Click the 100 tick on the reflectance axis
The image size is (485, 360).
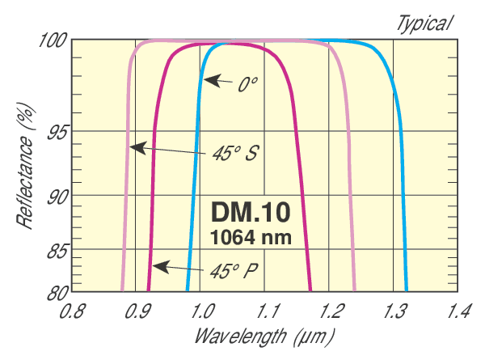point(52,40)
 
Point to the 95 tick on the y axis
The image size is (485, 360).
point(56,133)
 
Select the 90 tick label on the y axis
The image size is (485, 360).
point(56,197)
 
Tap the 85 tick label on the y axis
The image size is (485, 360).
point(56,252)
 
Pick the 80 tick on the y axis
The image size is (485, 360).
point(56,291)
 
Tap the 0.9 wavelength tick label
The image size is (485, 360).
point(137,310)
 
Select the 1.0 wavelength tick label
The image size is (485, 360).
point(202,310)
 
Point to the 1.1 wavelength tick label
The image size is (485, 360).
point(267,310)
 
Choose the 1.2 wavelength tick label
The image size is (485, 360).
point(331,310)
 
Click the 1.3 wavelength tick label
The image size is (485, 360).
point(395,310)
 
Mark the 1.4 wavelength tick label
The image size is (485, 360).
point(459,310)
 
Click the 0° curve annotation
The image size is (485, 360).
point(247,84)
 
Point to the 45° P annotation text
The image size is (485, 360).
point(235,269)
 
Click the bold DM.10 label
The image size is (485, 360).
point(250,212)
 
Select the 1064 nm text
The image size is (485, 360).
point(250,237)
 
